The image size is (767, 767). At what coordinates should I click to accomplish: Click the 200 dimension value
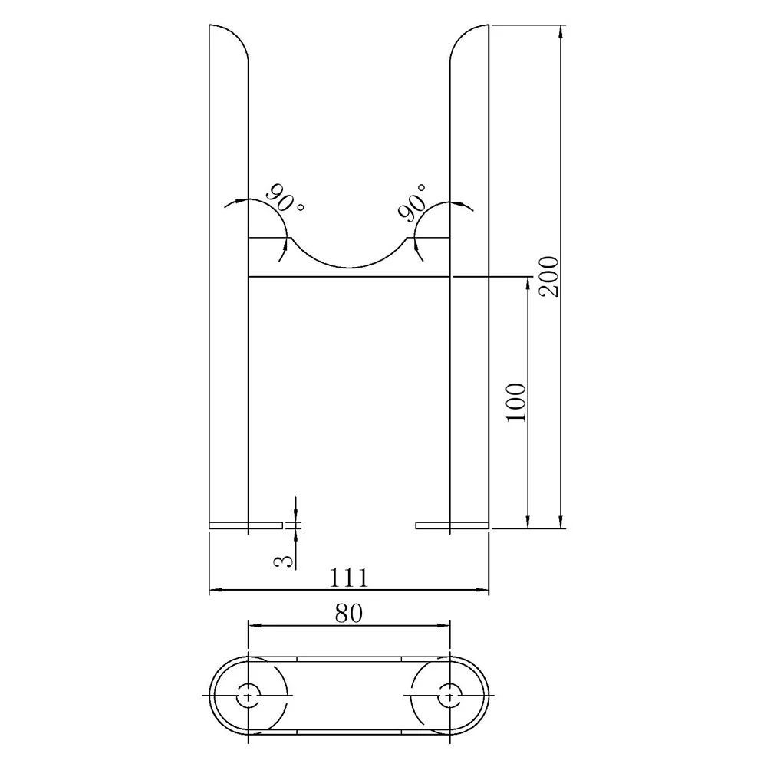pos(551,275)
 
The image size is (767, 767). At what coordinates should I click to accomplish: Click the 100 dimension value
pos(517,401)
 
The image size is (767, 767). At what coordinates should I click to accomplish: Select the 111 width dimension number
pos(349,577)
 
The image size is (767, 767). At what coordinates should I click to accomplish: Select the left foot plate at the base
pos(245,525)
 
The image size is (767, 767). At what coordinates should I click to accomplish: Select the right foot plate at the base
pos(452,525)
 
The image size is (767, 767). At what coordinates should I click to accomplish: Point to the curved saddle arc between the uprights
pos(349,265)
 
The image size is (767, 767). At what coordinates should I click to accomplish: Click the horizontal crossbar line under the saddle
pos(349,277)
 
